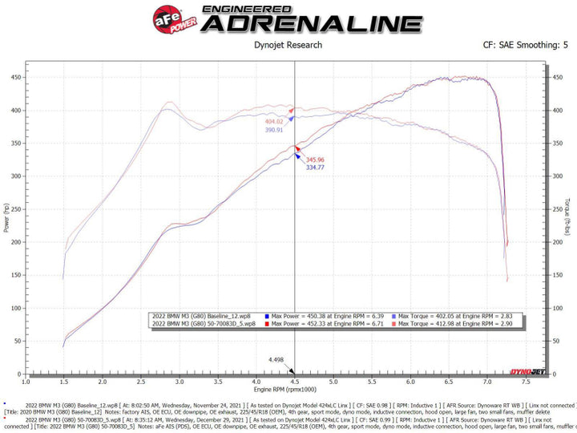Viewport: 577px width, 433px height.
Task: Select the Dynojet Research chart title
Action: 288,45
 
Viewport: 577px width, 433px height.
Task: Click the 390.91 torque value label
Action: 275,129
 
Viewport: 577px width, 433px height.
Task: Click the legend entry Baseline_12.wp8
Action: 203,317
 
